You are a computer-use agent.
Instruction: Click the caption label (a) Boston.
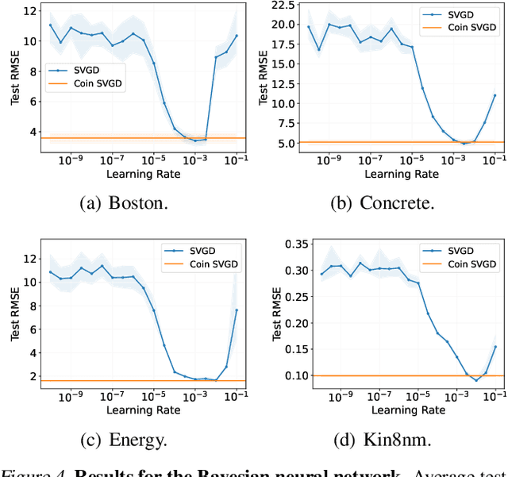point(124,202)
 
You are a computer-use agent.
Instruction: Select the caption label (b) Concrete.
point(382,202)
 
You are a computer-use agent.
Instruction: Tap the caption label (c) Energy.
point(124,438)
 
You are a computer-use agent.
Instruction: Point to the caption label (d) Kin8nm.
point(382,438)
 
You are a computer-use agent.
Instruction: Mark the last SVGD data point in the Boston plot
point(236,36)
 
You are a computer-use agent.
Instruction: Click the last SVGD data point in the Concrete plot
point(495,95)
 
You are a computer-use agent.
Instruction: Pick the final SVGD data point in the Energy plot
point(237,310)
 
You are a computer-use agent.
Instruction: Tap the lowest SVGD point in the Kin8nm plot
point(476,381)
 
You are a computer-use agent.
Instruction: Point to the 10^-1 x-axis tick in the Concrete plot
point(493,160)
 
